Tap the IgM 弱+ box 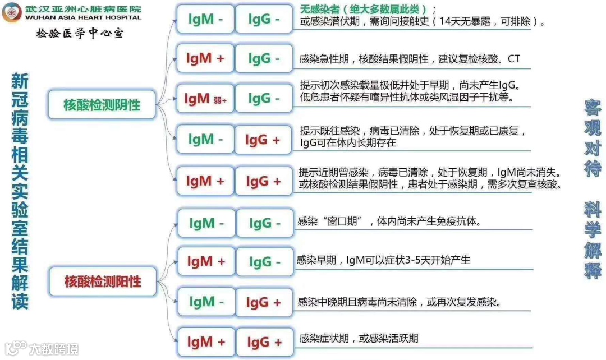tap(205, 99)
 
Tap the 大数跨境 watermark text tap(54, 349)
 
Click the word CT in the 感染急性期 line tap(513, 59)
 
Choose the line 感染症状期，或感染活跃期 tap(359, 338)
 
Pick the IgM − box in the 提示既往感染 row tap(205, 139)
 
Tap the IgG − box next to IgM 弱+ tap(264, 99)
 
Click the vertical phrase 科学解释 tap(593, 241)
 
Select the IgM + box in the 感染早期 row tap(206, 261)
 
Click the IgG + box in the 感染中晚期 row tap(264, 302)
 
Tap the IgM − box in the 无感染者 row tap(205, 19)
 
